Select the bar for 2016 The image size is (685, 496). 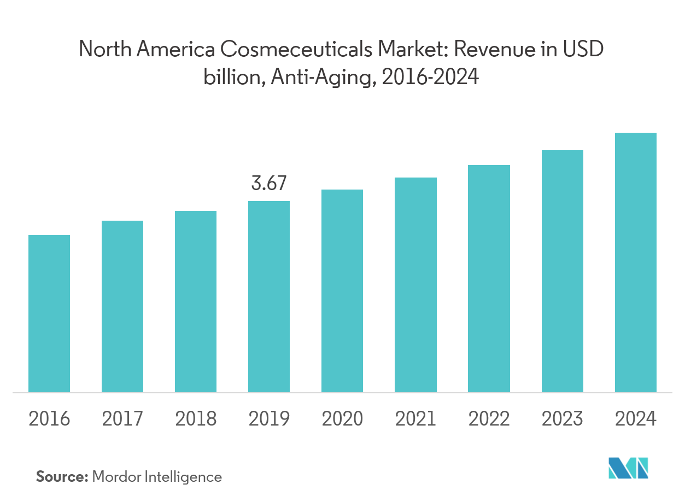(49, 314)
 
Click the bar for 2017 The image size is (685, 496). (122, 306)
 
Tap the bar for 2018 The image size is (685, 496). (196, 302)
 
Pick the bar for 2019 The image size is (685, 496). (269, 297)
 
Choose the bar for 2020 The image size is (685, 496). (342, 291)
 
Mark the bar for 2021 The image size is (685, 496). (415, 285)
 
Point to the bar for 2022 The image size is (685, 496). (489, 279)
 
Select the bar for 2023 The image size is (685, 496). (563, 271)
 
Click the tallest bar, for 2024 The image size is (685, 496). (636, 262)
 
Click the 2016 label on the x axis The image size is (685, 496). (49, 419)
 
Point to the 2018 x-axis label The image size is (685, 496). (196, 419)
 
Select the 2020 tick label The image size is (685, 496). (342, 419)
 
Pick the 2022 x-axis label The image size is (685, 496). (489, 419)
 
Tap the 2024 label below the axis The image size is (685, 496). (636, 419)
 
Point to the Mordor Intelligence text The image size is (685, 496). (157, 477)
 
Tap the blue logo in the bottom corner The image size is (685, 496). (629, 469)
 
